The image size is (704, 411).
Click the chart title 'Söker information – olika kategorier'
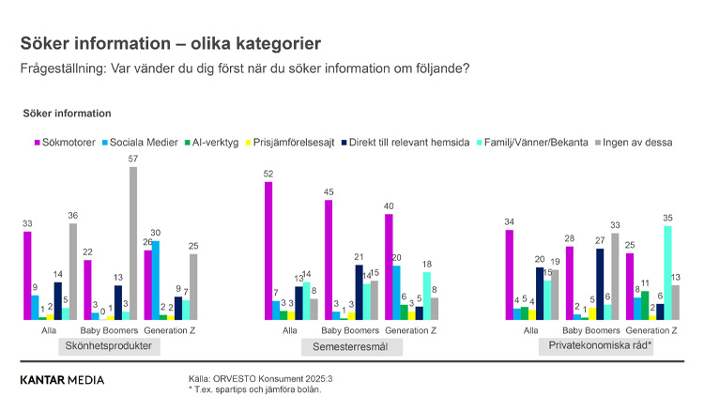click(x=171, y=43)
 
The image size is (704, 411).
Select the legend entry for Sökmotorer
click(x=65, y=143)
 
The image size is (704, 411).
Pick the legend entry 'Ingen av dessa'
click(x=639, y=143)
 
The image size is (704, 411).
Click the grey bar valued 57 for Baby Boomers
click(x=133, y=243)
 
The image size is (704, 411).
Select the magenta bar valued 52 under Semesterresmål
click(x=268, y=251)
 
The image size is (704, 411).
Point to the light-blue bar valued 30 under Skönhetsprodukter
click(x=155, y=280)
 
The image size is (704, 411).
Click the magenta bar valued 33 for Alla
click(x=27, y=275)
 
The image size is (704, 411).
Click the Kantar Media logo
click(x=62, y=380)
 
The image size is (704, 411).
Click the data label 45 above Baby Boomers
click(x=329, y=192)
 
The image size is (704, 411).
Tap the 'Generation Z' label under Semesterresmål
click(x=412, y=329)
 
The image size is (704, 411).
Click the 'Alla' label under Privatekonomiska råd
click(x=530, y=329)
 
